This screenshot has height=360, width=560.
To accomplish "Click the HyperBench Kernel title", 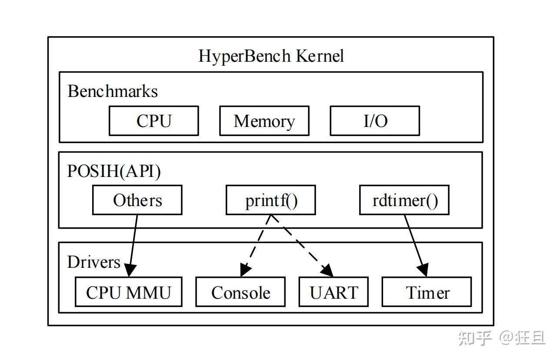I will coord(271,56).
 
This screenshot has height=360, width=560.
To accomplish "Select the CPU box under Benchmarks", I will coord(153,121).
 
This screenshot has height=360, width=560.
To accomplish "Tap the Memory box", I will coord(264,121).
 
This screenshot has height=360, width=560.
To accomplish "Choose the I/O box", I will coord(375,121).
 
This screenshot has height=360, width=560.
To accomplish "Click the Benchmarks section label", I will coord(113,92).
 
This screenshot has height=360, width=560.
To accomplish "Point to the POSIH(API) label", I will coord(114,171).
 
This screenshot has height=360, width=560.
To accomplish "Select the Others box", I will coord(137,200).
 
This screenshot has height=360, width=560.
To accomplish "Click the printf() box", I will coord(270,200).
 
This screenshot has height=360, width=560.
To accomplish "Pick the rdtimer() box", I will coord(404,200).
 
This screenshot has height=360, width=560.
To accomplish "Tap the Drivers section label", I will coord(93,262).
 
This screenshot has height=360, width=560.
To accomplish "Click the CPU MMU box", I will coord(128,292).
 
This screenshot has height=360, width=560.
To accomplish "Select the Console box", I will coord(240,292).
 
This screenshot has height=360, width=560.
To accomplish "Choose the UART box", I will coord(333,292).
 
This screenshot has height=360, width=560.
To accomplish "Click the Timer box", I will coord(427,292).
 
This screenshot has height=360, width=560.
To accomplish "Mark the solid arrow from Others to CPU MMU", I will coord(133,243).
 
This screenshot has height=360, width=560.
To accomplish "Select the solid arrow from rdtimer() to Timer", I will coord(415,243).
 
